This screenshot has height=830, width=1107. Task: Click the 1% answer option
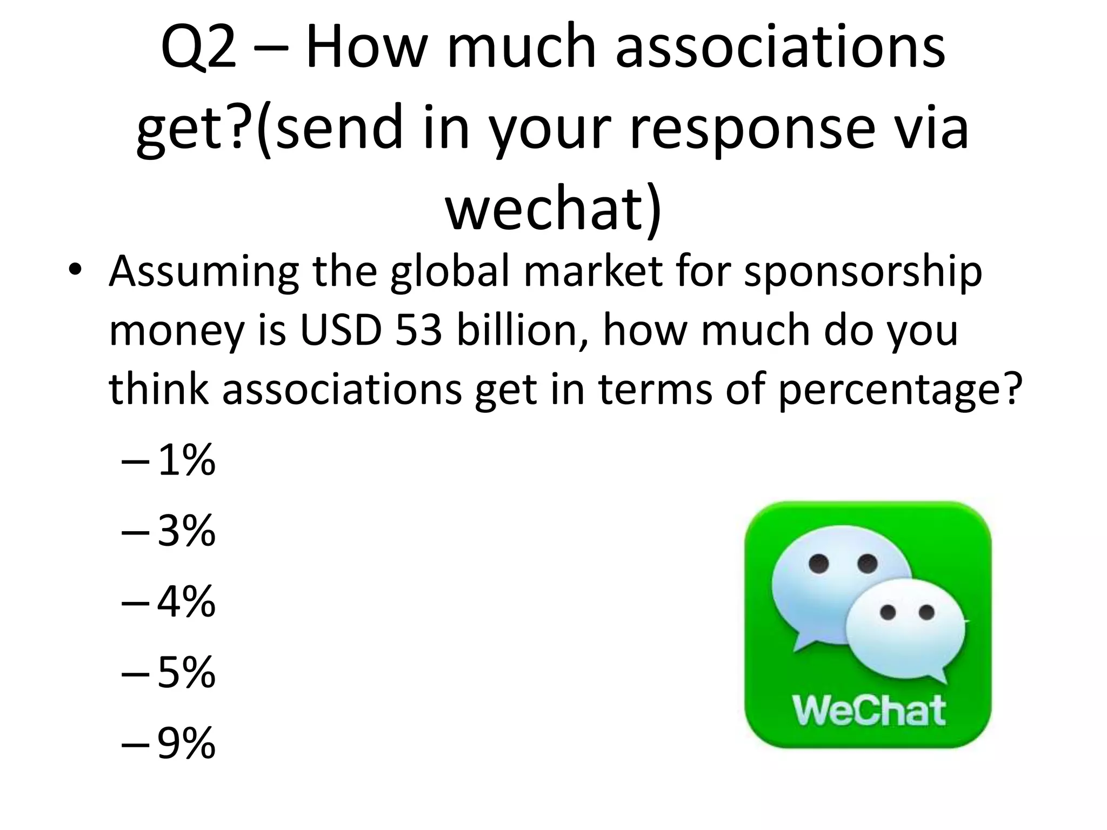click(186, 461)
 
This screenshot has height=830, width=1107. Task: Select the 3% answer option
click(186, 532)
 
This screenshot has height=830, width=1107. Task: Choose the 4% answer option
click(186, 603)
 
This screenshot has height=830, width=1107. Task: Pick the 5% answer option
click(186, 673)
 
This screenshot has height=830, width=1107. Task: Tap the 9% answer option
click(186, 744)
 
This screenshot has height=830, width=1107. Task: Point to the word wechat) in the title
click(553, 208)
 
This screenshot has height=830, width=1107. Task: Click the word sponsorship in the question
click(863, 272)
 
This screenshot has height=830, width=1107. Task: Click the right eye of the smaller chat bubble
click(926, 612)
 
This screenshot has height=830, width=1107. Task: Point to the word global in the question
click(450, 272)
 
